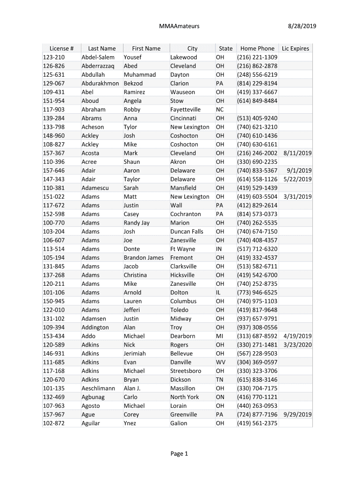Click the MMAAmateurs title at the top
[179, 26]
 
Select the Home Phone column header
[257, 48]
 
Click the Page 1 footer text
[179, 453]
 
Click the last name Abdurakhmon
[101, 83]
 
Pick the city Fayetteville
[185, 109]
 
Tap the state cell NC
[220, 109]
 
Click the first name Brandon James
[144, 258]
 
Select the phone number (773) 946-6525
[257, 292]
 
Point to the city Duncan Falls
[187, 232]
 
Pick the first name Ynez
[130, 423]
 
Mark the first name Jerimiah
[135, 354]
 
